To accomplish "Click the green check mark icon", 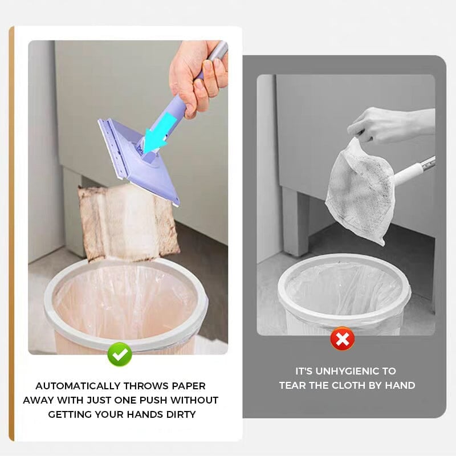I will click(120, 355).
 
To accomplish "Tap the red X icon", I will click(342, 340).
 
